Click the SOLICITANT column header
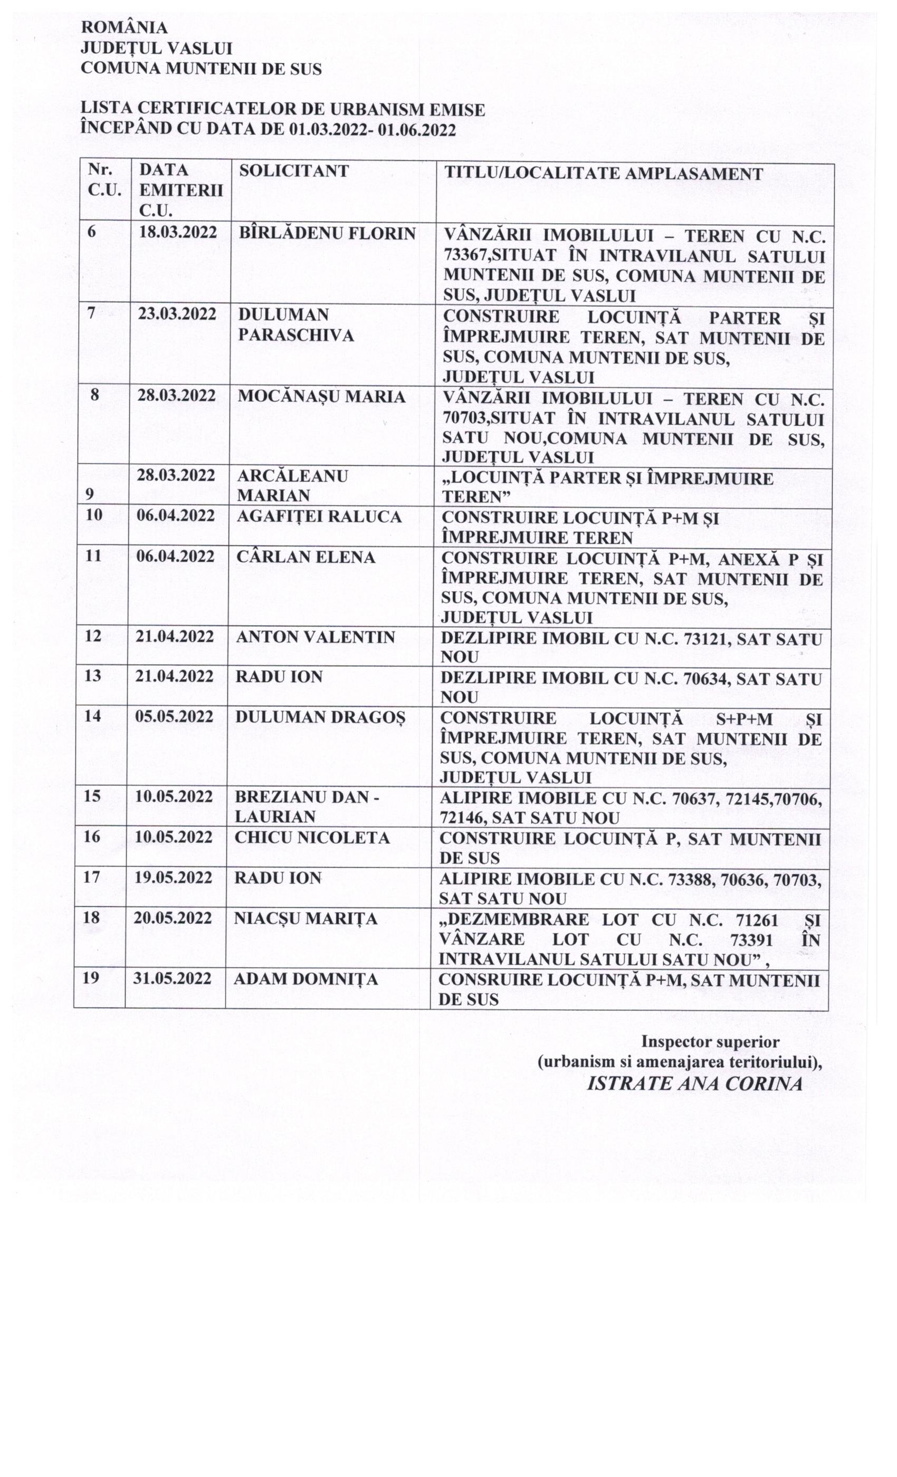click(294, 171)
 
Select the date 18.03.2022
click(177, 233)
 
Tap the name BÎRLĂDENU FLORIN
click(327, 234)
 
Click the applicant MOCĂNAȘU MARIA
click(321, 397)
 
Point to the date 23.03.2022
click(177, 315)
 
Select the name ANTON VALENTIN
click(315, 637)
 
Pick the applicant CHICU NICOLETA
click(312, 838)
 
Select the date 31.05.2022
click(173, 979)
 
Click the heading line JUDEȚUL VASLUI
click(157, 49)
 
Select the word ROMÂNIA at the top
click(124, 28)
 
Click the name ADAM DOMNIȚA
click(305, 980)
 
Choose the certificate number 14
click(92, 716)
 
